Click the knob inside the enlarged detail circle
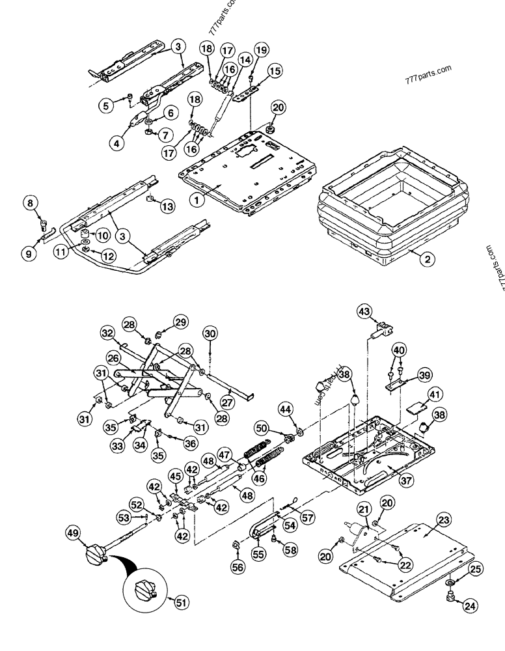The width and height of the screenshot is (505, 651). click(x=145, y=592)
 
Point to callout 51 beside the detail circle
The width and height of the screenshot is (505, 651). click(x=181, y=603)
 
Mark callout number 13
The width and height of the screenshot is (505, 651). click(x=167, y=206)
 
